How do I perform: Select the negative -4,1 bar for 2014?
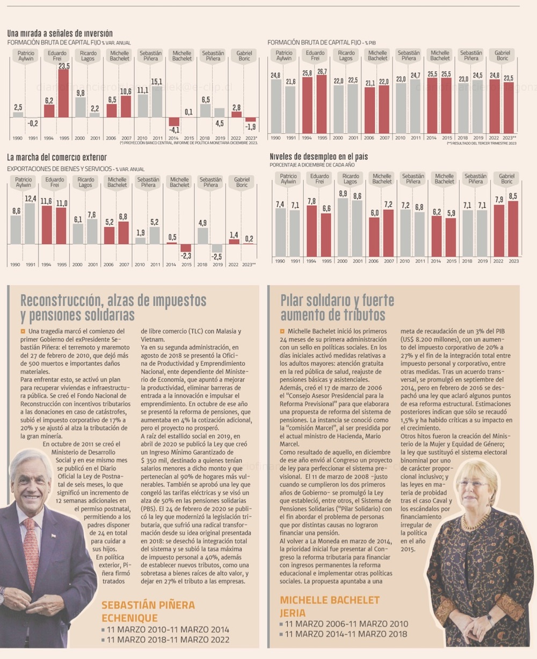pyautogui.click(x=174, y=122)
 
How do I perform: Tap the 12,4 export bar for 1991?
pyautogui.click(x=31, y=223)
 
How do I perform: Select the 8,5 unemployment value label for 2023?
pyautogui.click(x=513, y=197)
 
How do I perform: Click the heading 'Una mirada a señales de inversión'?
pyautogui.click(x=60, y=33)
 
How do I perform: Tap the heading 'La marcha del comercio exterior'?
pyautogui.click(x=57, y=157)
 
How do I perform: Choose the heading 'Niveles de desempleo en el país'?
pyautogui.click(x=318, y=156)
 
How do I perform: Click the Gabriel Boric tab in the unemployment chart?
pyautogui.click(x=506, y=179)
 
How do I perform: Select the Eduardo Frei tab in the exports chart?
pyautogui.click(x=55, y=182)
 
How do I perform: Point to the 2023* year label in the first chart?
pyautogui.click(x=251, y=138)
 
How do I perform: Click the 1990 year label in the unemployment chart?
pyautogui.click(x=280, y=262)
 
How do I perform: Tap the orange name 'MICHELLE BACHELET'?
pyautogui.click(x=330, y=600)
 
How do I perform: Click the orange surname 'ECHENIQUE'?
pyautogui.click(x=129, y=618)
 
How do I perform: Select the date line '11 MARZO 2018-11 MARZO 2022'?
pyautogui.click(x=168, y=640)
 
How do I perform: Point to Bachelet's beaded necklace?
pyautogui.click(x=476, y=521)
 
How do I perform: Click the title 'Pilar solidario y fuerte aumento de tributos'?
pyautogui.click(x=337, y=307)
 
